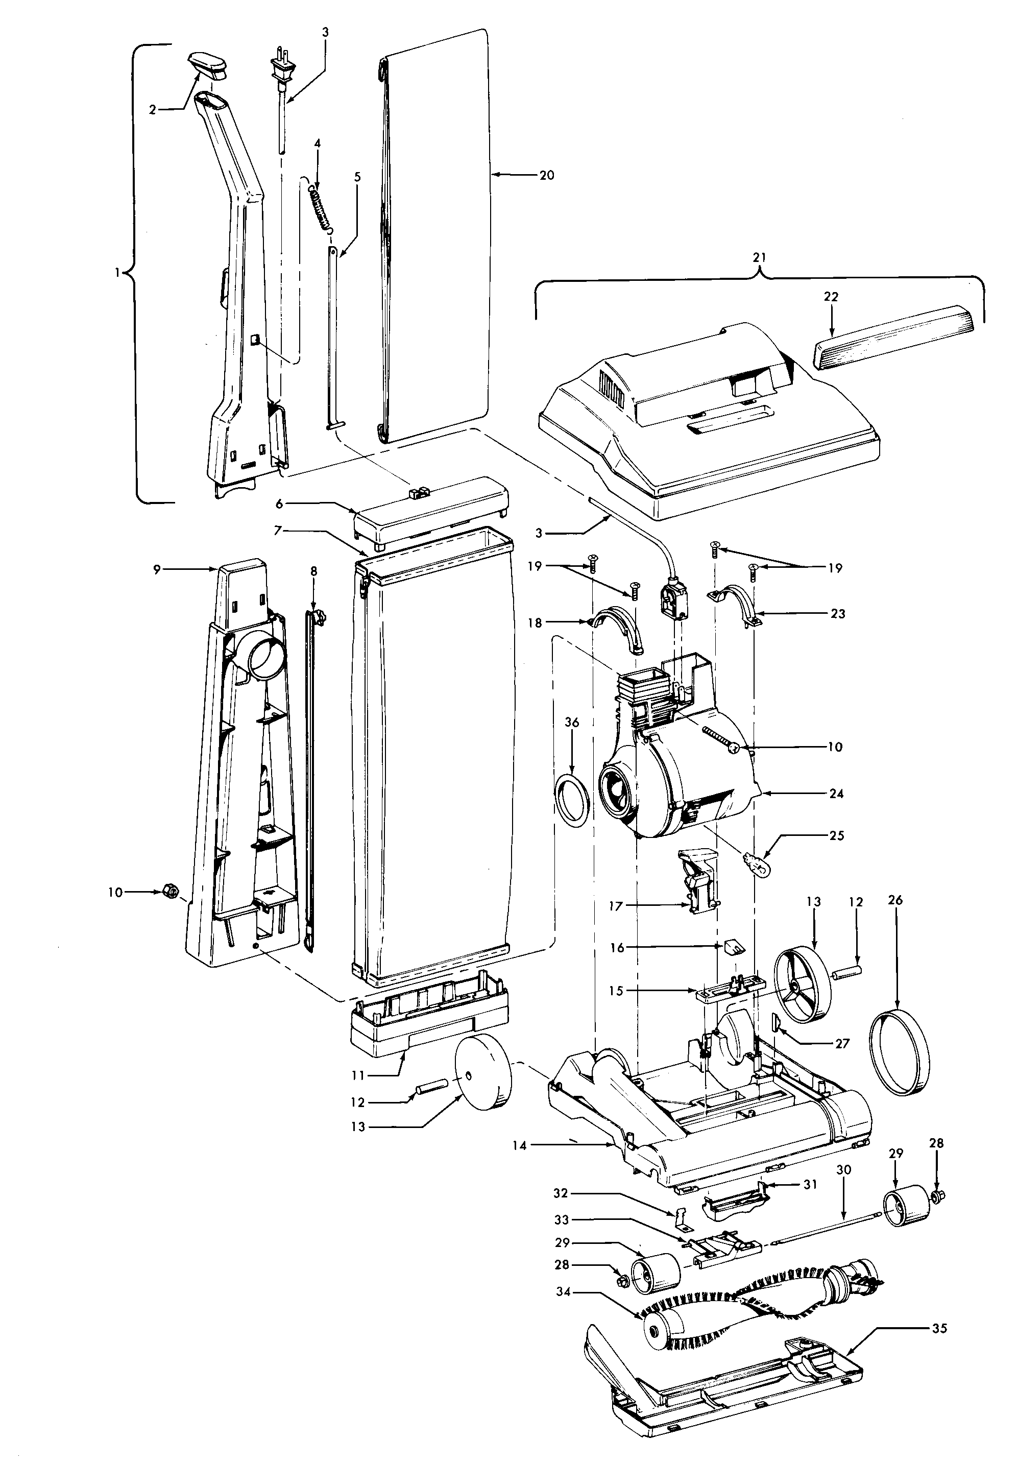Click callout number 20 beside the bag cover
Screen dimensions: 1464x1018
[546, 175]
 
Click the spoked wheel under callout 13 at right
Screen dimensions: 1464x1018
[804, 985]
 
